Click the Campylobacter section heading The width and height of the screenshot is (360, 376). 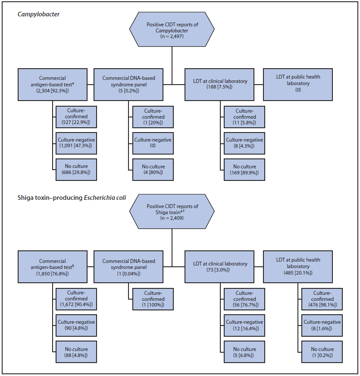coord(38,14)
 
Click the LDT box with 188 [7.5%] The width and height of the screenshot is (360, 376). coord(220,84)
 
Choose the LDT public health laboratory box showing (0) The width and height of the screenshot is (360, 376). coord(298,84)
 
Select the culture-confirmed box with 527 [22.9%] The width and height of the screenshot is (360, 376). coord(75,117)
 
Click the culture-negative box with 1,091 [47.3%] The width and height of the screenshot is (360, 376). coord(75,143)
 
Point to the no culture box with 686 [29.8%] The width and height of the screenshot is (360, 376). coord(75,170)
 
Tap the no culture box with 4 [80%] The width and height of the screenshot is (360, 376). coord(153,170)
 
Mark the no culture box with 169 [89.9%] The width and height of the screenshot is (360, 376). coord(244,170)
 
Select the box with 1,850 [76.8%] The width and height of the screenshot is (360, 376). coord(53,266)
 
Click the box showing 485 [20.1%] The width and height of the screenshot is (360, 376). coord(298,266)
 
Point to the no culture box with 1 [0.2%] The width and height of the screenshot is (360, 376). coord(322,352)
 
